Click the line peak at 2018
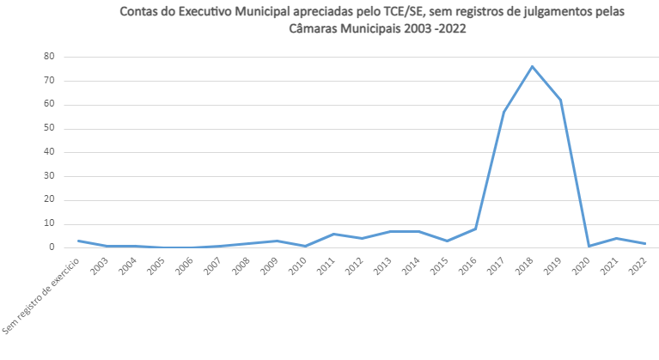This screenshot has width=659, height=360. click(x=532, y=66)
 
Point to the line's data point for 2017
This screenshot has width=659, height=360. click(x=503, y=112)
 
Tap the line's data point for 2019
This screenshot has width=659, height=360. click(x=560, y=100)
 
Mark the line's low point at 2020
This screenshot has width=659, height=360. click(x=589, y=246)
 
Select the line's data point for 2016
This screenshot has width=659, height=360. click(x=475, y=229)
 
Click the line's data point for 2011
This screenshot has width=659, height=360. click(x=333, y=234)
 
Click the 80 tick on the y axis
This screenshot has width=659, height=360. click(x=50, y=57)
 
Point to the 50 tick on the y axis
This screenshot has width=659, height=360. click(x=50, y=129)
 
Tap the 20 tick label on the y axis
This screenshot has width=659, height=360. click(x=50, y=200)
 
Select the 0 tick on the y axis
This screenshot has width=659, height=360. click(x=52, y=247)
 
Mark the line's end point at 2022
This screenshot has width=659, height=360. click(x=645, y=243)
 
